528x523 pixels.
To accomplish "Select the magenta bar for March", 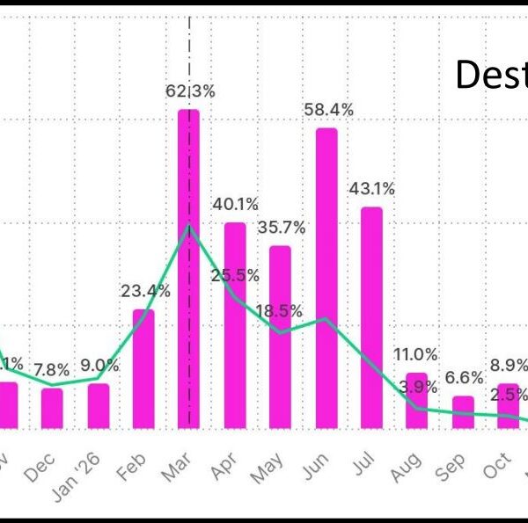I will (x=188, y=268).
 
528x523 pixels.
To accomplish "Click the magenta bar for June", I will (x=326, y=278).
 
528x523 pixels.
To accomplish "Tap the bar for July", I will (x=371, y=317).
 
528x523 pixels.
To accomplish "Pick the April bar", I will (x=235, y=325).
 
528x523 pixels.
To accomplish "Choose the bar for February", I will (x=143, y=368).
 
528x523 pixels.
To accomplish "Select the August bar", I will (x=417, y=401).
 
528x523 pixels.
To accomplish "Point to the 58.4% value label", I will (x=329, y=110).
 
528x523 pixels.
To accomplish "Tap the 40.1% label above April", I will (x=235, y=205).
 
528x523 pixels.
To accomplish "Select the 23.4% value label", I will (x=145, y=291).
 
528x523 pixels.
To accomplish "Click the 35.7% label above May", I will (x=282, y=228).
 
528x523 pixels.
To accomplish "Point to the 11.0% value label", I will (x=415, y=354).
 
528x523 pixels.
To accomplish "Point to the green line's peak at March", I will (x=188, y=227).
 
